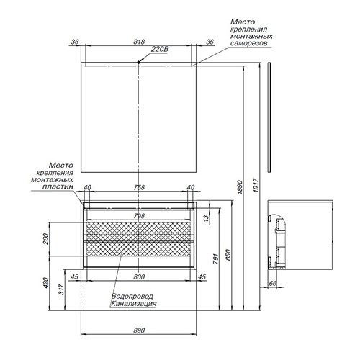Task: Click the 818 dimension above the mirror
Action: point(140,42)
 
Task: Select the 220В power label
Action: point(159,49)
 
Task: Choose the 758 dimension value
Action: point(140,188)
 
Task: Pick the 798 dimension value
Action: point(140,215)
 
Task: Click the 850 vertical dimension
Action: point(230,252)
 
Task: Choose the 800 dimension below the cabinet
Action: point(140,276)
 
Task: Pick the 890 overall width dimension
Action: point(140,329)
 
